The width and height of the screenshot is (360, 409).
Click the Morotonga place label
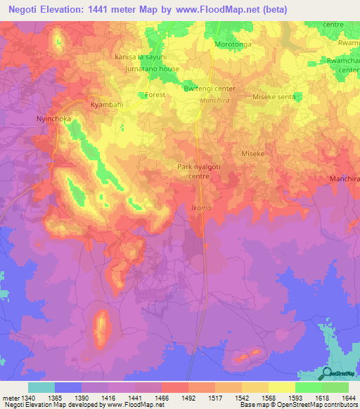pos(232,44)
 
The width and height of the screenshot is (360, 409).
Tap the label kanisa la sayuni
pos(144,57)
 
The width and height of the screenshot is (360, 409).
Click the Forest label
pos(154,94)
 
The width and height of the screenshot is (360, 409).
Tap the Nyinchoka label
pos(53,119)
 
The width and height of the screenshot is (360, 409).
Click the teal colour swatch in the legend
pos(41,387)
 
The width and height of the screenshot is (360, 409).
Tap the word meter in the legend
pos(10,397)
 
